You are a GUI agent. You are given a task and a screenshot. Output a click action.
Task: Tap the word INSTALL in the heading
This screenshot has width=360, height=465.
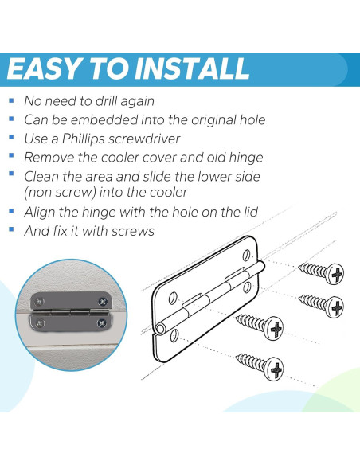click(x=192, y=68)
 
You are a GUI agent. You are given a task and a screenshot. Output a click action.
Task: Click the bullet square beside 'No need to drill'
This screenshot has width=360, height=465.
click(x=12, y=100)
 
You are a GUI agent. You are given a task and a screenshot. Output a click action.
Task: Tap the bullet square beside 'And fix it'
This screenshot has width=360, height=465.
click(x=12, y=229)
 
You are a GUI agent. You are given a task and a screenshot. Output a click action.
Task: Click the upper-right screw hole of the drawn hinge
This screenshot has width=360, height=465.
click(x=246, y=256)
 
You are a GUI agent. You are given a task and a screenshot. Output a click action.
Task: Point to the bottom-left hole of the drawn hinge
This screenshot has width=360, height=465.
click(x=174, y=334)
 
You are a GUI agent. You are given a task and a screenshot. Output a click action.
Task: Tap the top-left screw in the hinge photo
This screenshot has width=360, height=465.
click(x=39, y=302)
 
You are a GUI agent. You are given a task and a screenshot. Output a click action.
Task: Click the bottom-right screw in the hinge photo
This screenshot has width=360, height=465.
click(x=102, y=322)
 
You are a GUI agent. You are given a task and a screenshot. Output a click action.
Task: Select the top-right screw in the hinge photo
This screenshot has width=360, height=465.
click(x=103, y=302)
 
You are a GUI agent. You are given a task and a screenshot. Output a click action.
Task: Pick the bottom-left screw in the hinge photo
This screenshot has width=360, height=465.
click(x=40, y=323)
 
